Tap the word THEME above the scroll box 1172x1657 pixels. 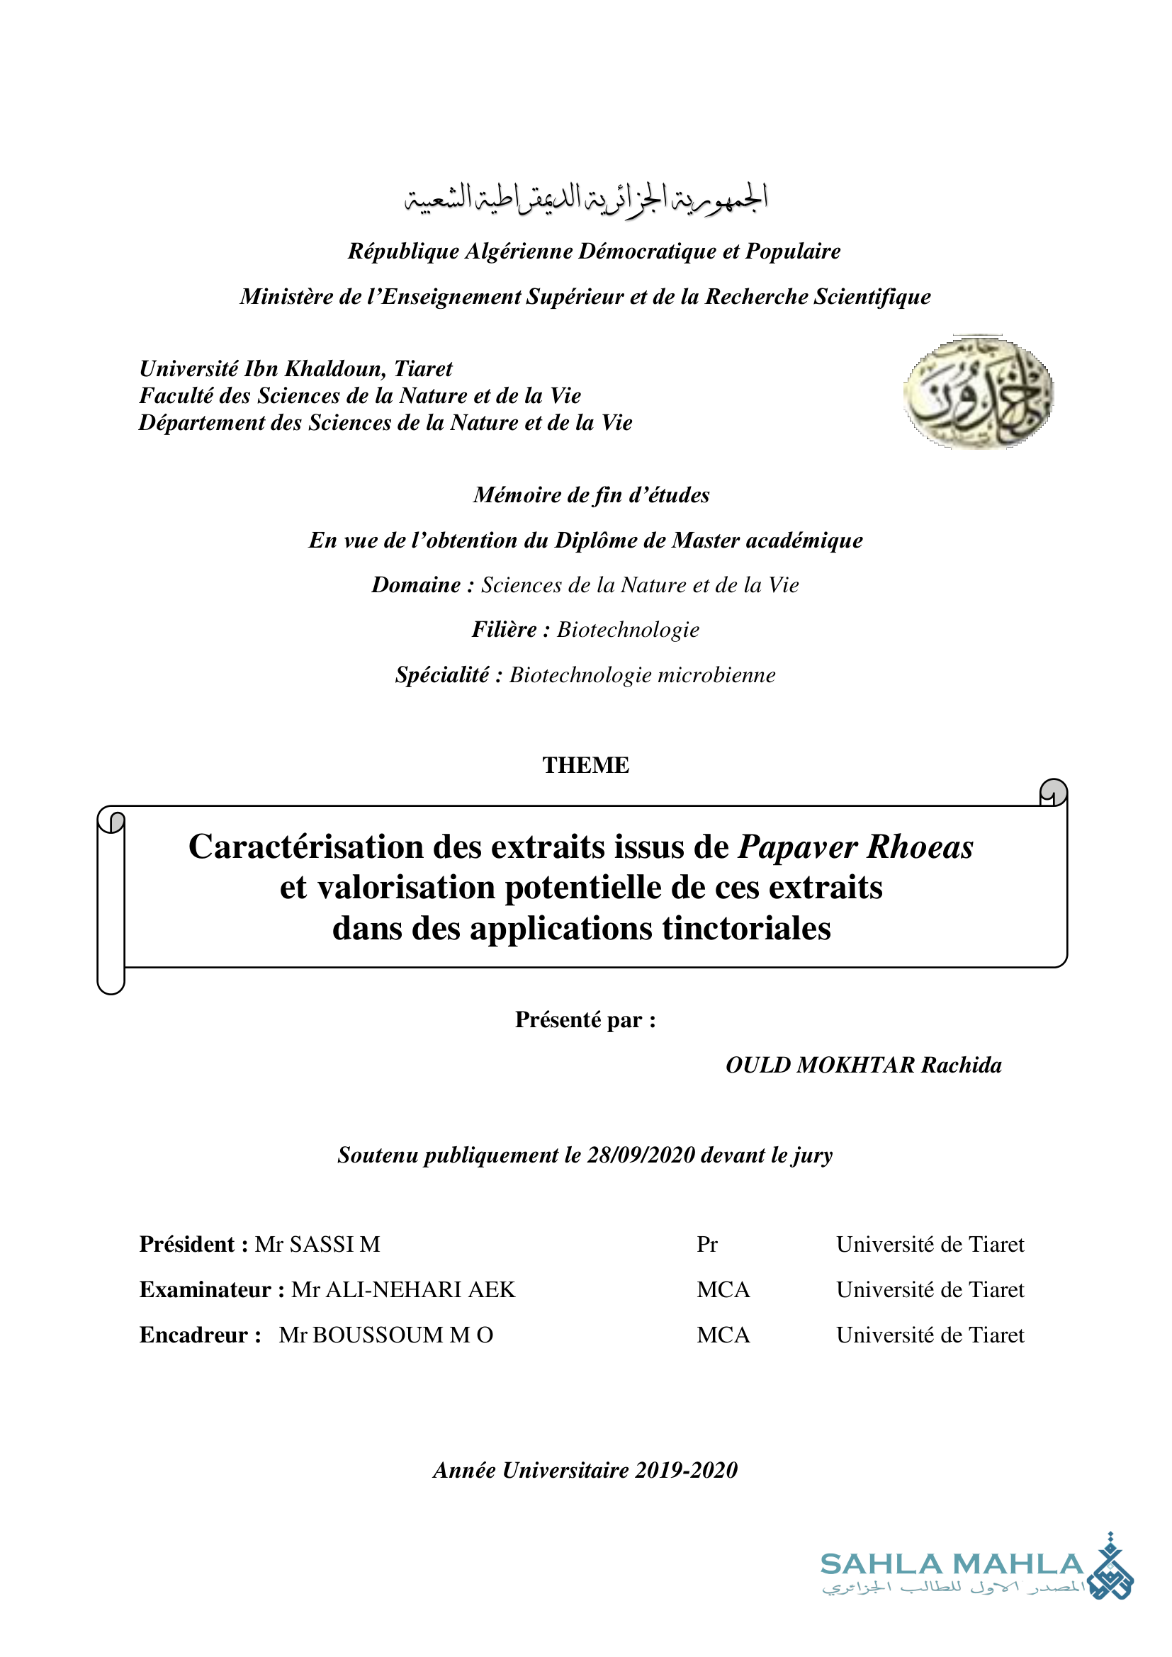585,765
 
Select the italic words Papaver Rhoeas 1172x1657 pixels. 855,847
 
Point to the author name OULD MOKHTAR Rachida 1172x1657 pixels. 863,1065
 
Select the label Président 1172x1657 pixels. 187,1244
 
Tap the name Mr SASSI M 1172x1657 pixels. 317,1244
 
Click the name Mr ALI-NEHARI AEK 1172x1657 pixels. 402,1289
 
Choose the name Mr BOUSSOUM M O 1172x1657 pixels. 386,1335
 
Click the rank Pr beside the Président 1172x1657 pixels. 706,1244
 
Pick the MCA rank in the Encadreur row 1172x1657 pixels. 723,1335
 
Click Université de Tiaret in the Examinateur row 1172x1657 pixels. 930,1289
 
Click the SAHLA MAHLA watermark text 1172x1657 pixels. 952,1565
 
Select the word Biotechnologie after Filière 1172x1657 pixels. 628,630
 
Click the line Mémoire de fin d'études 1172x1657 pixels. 591,495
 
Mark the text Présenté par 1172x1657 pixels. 585,1019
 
